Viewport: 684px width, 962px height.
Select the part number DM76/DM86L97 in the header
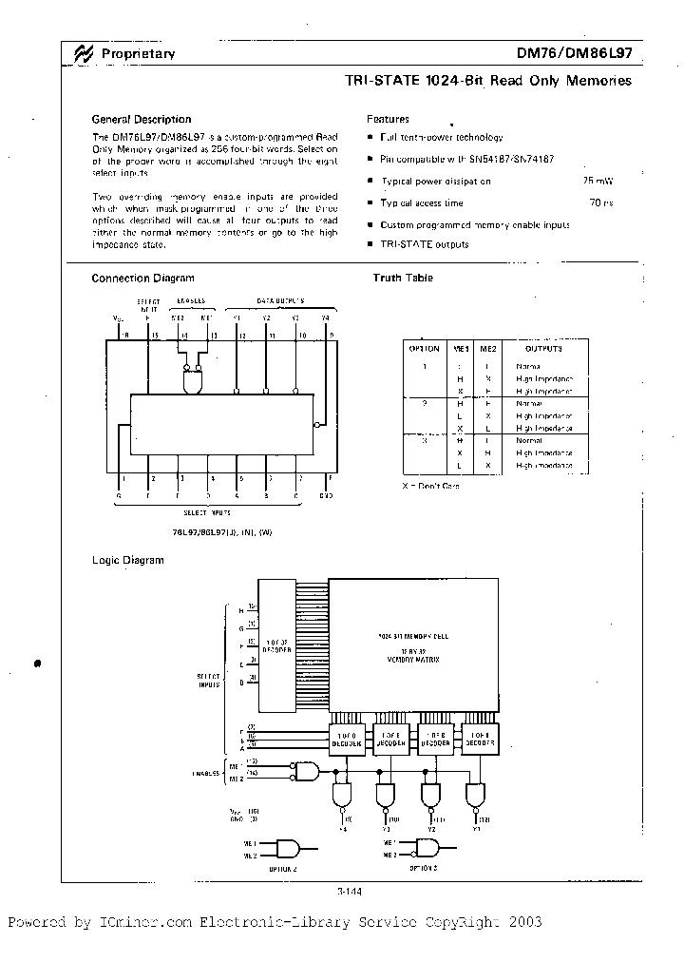pos(574,54)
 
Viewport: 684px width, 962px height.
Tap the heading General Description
pos(141,120)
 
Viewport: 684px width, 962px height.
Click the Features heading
pos(388,120)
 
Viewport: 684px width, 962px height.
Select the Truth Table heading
pos(404,278)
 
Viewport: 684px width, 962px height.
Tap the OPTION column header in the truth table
pos(424,349)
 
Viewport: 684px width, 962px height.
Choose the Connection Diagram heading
pos(142,279)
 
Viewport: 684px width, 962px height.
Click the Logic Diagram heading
pos(127,560)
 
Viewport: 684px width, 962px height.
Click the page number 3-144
pos(350,891)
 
